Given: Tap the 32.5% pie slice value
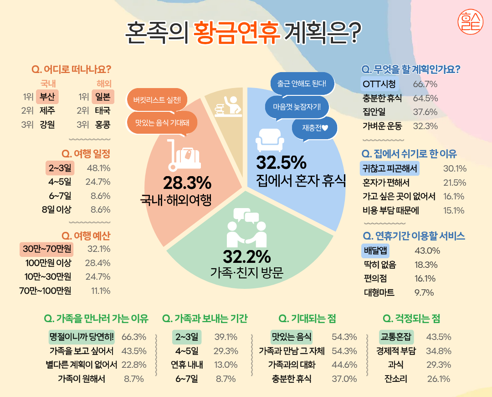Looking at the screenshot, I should pyautogui.click(x=281, y=162).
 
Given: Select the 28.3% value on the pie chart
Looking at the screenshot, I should pyautogui.click(x=187, y=183).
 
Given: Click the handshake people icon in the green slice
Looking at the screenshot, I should pyautogui.click(x=246, y=227).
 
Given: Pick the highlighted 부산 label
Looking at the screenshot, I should pyautogui.click(x=47, y=97).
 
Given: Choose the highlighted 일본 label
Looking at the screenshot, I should pyautogui.click(x=102, y=97).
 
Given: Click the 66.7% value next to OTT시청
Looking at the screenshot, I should pyautogui.click(x=425, y=84).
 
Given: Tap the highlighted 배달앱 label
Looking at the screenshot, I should pyautogui.click(x=375, y=251).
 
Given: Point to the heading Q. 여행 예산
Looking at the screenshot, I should pyautogui.click(x=86, y=235).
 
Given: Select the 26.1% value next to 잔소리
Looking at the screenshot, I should pyautogui.click(x=438, y=379).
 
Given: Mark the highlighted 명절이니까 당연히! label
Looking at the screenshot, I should pyautogui.click(x=82, y=337).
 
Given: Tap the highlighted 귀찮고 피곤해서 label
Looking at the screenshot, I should pyautogui.click(x=389, y=168).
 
